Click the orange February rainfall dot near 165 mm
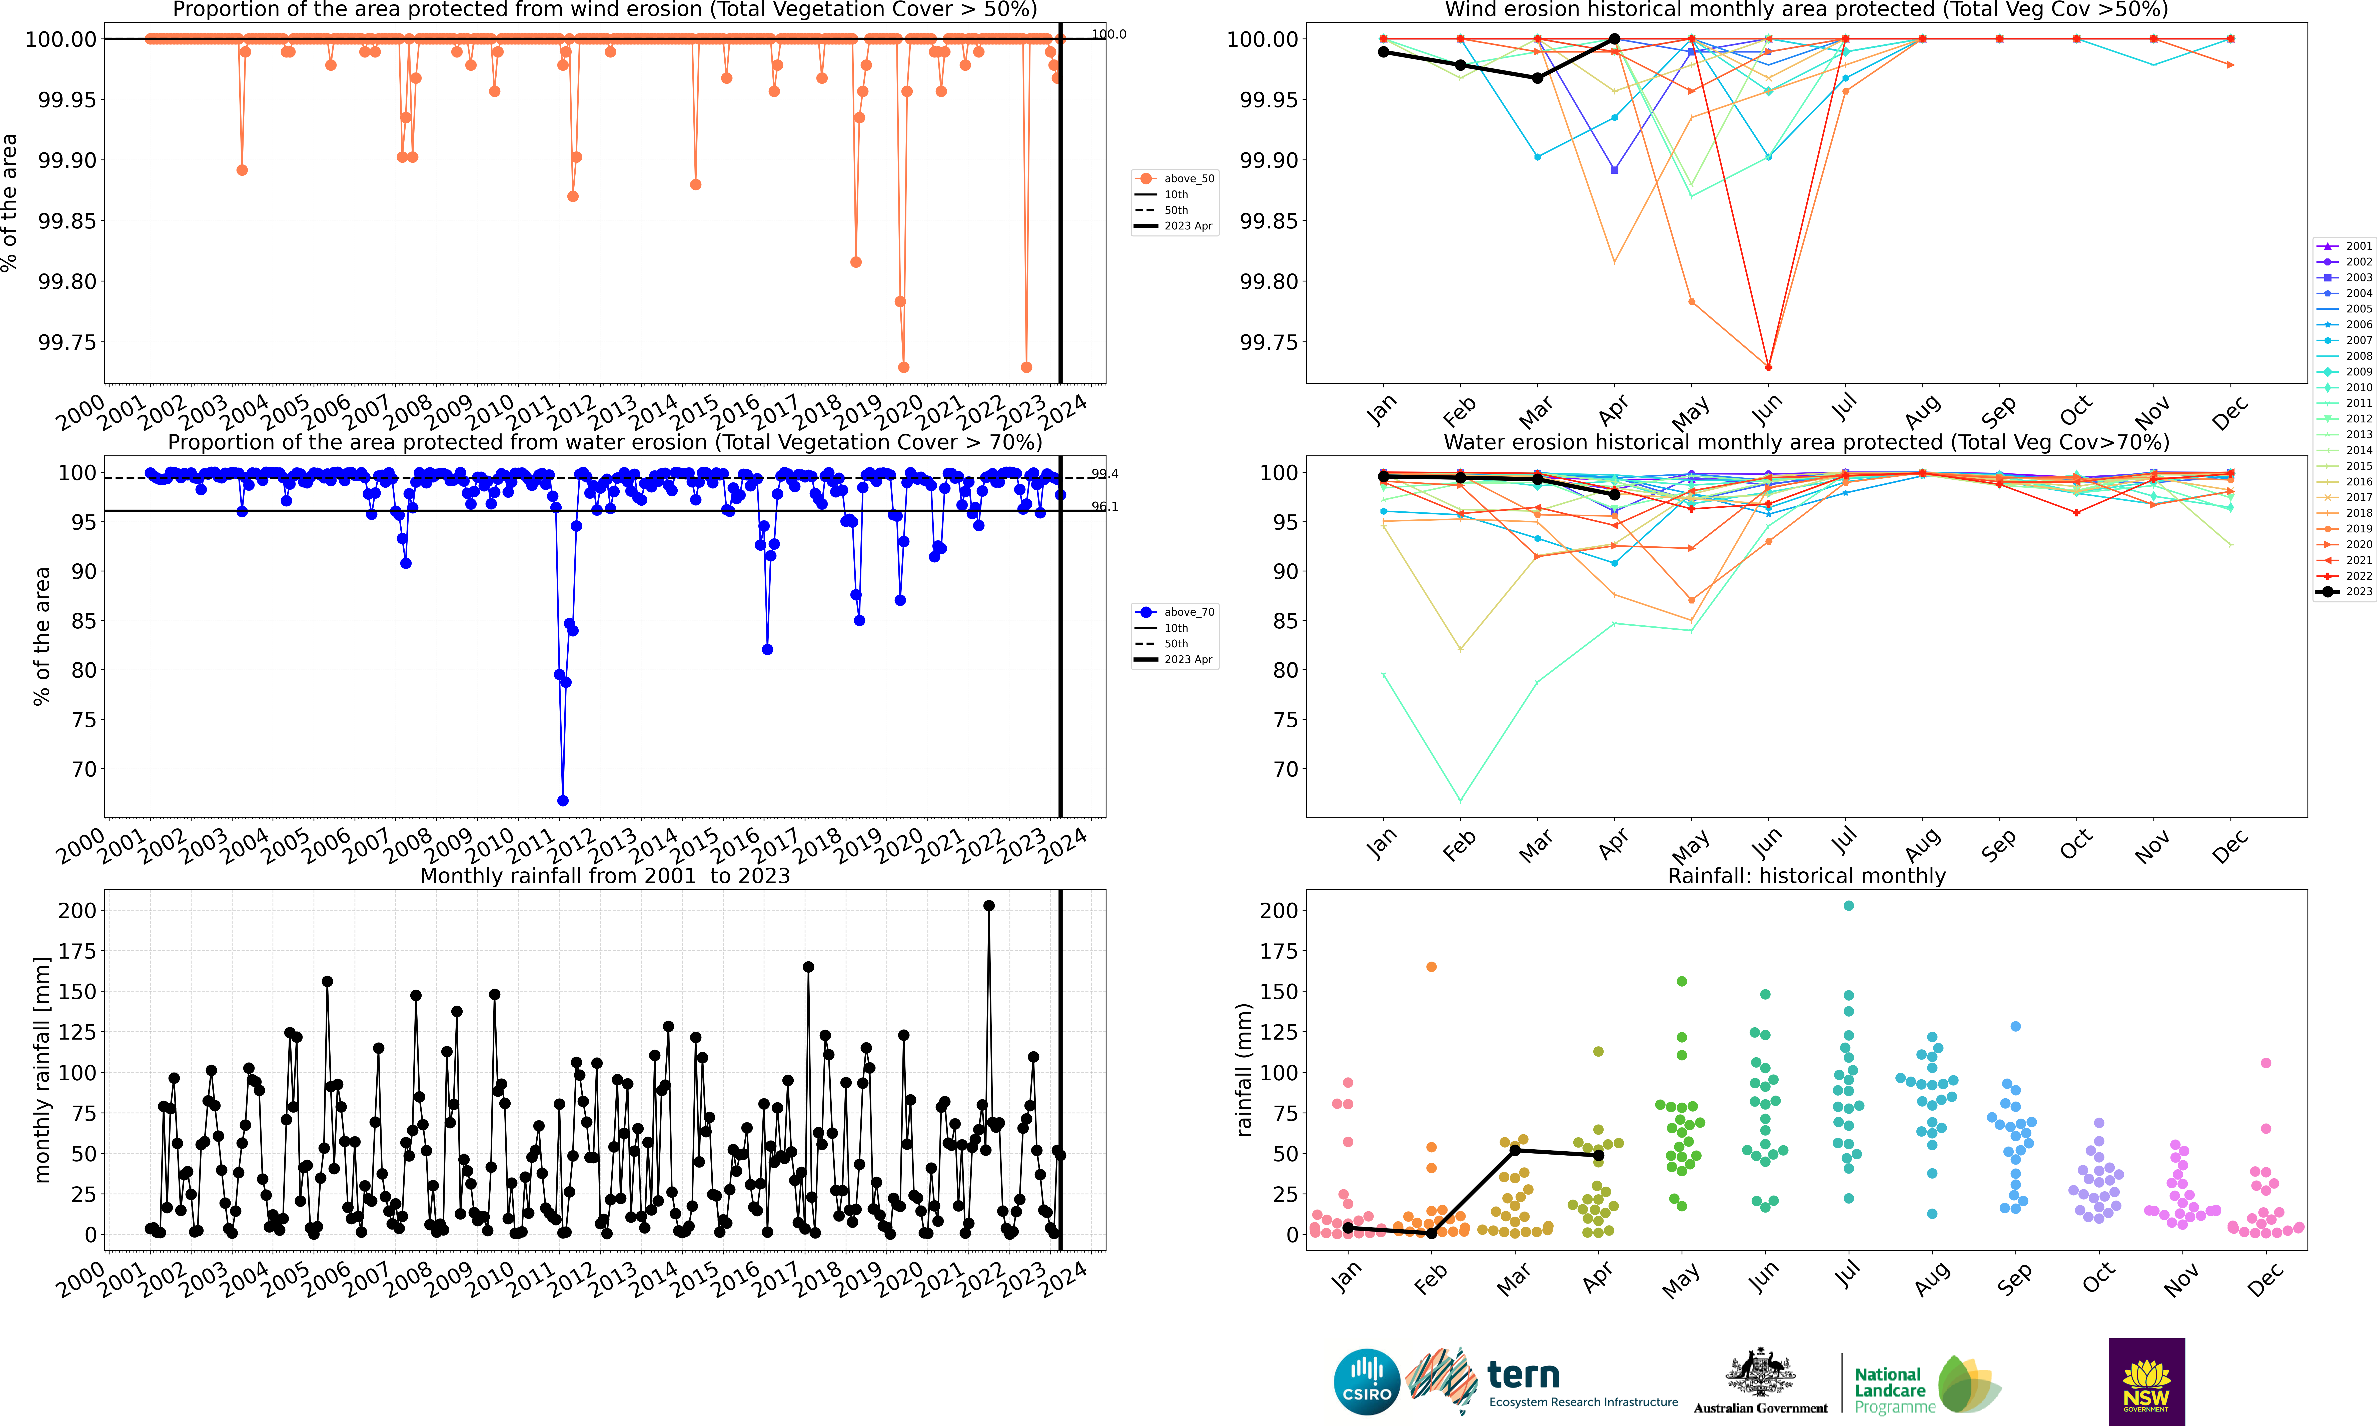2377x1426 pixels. tap(1431, 967)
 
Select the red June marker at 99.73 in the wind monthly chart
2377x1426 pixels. tap(1769, 367)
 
